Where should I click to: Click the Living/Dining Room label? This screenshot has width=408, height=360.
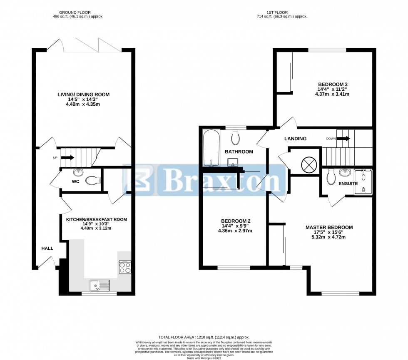[83, 94]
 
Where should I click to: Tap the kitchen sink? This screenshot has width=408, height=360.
[100, 285]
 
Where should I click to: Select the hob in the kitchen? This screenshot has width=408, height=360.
[124, 266]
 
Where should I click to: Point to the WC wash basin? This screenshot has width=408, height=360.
[77, 173]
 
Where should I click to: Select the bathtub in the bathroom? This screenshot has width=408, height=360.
[209, 147]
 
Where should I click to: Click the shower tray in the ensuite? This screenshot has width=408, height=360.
[363, 182]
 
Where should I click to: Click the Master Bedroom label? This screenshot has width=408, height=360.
[329, 227]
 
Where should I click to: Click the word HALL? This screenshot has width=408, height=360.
[47, 248]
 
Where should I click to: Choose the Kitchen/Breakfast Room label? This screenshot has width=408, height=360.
[96, 219]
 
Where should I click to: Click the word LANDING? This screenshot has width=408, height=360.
[295, 139]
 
